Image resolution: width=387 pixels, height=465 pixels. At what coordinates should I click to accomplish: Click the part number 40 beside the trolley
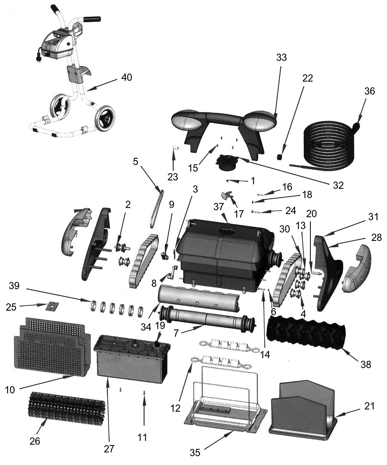(126, 77)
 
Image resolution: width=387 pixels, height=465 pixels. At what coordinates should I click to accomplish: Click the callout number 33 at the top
(281, 57)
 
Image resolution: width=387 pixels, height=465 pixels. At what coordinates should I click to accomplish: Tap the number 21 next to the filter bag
(370, 406)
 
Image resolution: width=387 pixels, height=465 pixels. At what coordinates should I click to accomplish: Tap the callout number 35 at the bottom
(195, 452)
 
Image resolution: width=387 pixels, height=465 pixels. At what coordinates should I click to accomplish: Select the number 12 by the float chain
(175, 408)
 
